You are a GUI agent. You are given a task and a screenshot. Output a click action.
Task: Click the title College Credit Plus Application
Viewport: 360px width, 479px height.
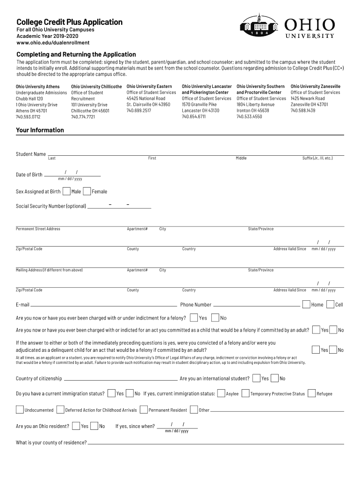click(x=69, y=22)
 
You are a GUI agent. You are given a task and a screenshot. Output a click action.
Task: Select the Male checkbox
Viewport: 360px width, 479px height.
click(x=66, y=191)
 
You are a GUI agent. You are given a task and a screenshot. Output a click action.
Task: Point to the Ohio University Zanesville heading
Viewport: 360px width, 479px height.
click(x=316, y=87)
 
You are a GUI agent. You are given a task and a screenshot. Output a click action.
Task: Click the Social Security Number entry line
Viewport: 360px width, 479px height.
click(x=119, y=206)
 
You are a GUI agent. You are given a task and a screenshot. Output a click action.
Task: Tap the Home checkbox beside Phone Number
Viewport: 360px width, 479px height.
click(x=306, y=305)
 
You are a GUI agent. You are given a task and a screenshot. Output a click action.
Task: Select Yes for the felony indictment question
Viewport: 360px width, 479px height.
click(x=194, y=318)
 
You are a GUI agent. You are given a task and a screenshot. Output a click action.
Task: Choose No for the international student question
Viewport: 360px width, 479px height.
click(x=275, y=378)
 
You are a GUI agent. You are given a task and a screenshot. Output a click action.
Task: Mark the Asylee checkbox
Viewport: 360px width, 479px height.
click(x=221, y=393)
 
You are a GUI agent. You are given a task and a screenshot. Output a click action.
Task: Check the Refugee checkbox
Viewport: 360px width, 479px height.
click(x=312, y=393)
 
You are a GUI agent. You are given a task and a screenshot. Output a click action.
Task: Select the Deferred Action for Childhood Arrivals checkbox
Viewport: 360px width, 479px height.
click(x=60, y=410)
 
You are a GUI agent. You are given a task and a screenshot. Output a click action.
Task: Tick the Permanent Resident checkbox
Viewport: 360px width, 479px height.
click(x=144, y=410)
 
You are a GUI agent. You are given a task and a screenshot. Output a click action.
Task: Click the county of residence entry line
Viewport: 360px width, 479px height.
click(x=215, y=443)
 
